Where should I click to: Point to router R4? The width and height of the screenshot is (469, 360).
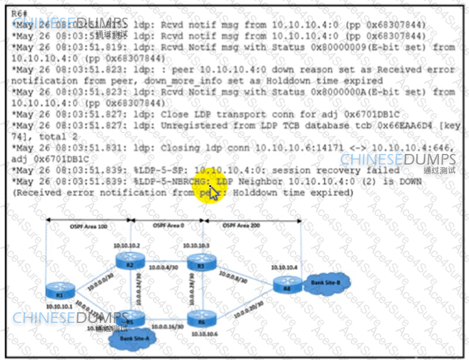pyautogui.click(x=286, y=286)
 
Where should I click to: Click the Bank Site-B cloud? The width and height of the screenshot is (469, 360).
pyautogui.click(x=326, y=283)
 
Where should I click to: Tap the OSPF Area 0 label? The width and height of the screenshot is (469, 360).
pyautogui.click(x=167, y=225)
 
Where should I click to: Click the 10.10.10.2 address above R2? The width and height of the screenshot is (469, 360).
pyautogui.click(x=126, y=245)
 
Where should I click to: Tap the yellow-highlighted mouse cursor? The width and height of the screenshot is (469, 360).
pyautogui.click(x=213, y=190)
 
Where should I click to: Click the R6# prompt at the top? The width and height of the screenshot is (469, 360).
pyautogui.click(x=20, y=13)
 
